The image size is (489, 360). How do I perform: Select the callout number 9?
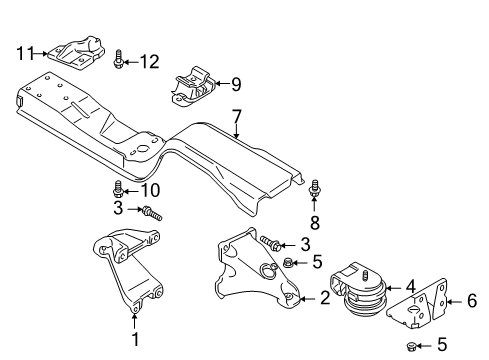point(236,84)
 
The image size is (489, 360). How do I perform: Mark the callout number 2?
point(324,296)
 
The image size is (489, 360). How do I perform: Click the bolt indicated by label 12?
point(120,62)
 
